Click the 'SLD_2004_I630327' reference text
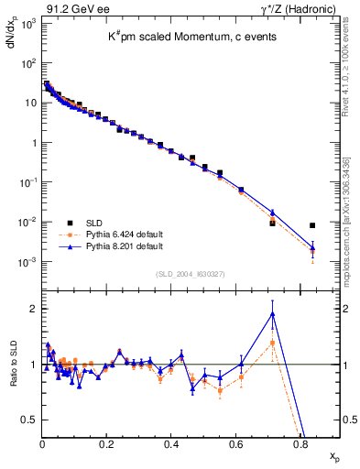(x=191, y=274)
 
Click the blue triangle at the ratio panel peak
(x=273, y=313)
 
